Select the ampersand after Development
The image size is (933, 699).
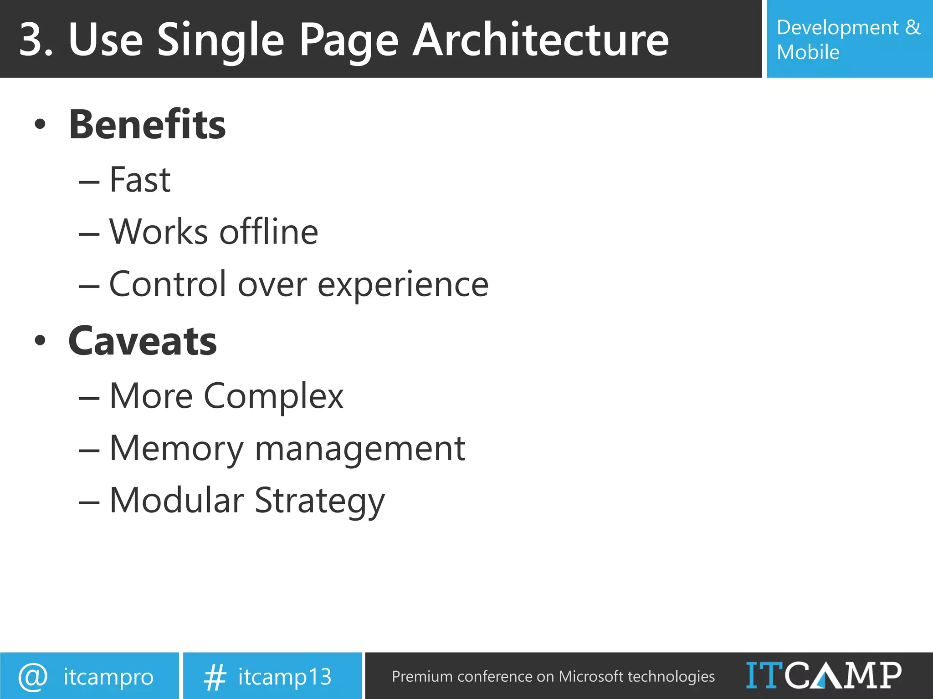click(912, 27)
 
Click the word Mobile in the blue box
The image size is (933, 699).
click(808, 52)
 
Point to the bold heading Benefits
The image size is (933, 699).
click(147, 125)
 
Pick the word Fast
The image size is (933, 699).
click(140, 180)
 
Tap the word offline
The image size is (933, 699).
click(269, 232)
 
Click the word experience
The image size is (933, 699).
click(403, 285)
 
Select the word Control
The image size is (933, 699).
click(168, 284)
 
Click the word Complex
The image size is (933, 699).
click(273, 396)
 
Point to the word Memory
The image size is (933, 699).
click(177, 449)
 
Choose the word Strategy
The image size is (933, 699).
click(319, 501)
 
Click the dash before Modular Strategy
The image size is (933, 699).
click(89, 502)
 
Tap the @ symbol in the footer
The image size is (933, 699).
click(33, 677)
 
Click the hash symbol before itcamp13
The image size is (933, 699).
click(215, 677)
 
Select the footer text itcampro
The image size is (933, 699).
click(108, 677)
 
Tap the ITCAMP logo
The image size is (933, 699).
click(823, 675)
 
